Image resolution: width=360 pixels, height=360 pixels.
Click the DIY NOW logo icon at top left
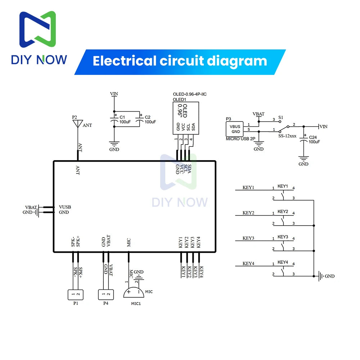[38, 30]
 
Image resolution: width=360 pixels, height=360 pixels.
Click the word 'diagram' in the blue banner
[237, 60]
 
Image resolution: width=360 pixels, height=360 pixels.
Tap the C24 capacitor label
[314, 139]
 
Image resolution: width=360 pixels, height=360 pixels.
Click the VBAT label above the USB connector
[258, 114]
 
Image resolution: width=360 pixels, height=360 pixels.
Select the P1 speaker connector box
[76, 294]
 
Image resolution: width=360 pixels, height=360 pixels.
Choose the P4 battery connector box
[106, 294]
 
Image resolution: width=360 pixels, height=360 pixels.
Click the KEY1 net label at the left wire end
[248, 188]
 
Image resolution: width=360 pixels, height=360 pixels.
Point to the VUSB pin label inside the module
[65, 207]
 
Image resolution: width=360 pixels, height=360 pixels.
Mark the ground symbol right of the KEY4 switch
[320, 276]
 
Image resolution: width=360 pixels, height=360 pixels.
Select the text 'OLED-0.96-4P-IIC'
[190, 94]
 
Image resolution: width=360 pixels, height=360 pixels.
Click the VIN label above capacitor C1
[114, 94]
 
